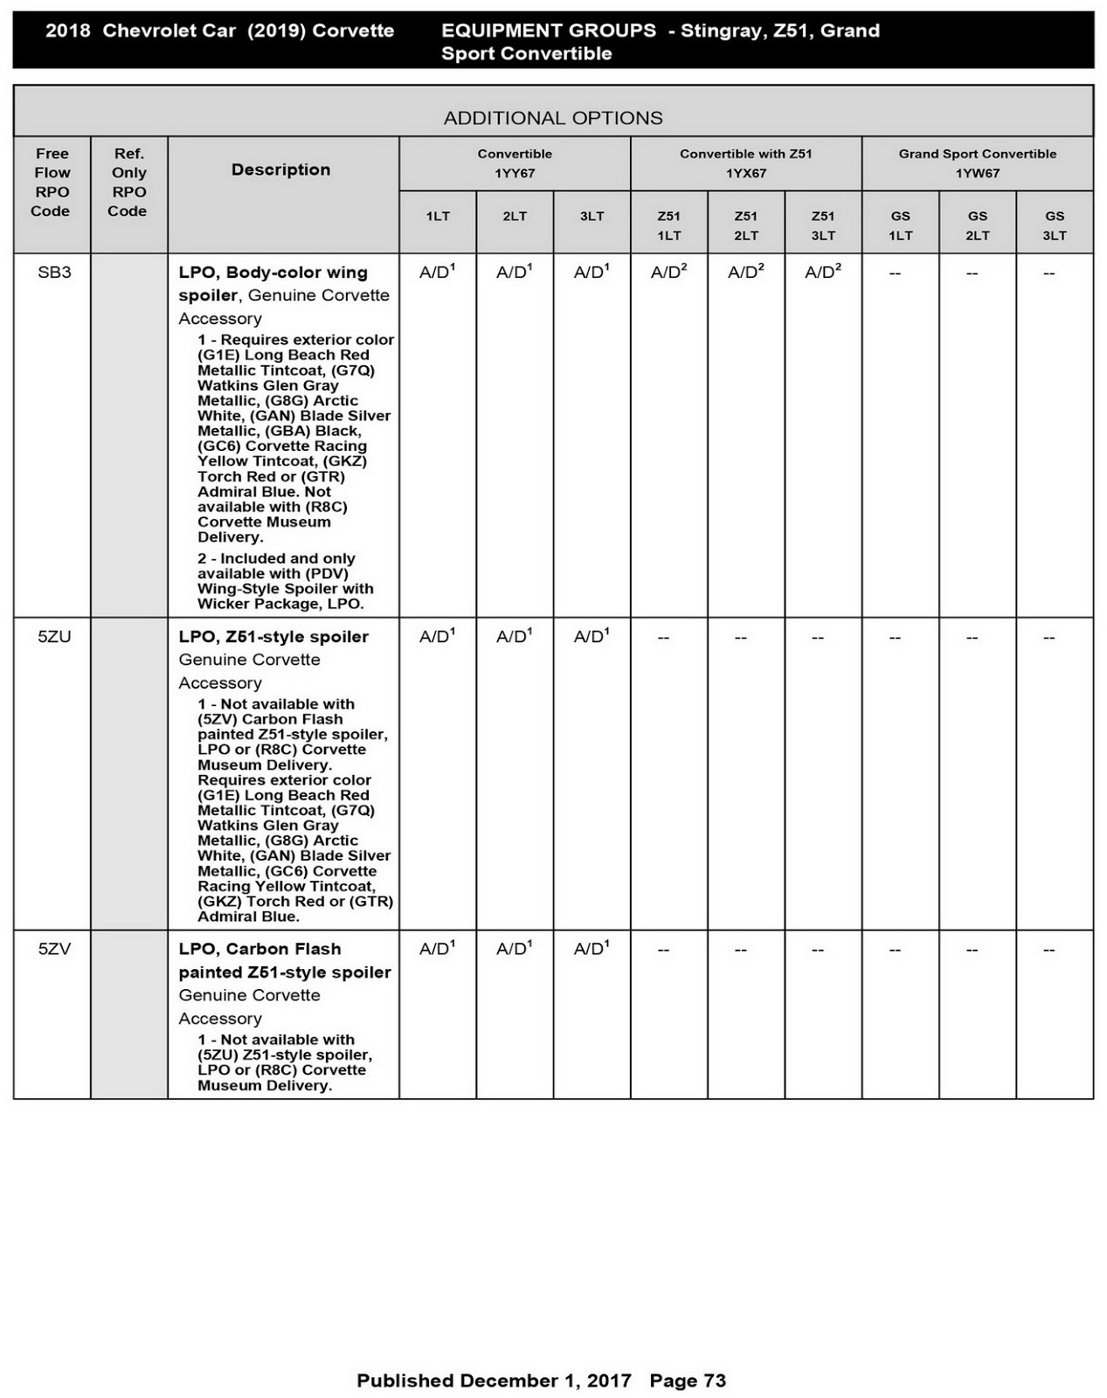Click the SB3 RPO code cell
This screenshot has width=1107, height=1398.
coord(54,273)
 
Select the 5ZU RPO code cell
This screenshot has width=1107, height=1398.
coord(54,637)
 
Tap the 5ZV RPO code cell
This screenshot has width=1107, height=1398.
coord(54,949)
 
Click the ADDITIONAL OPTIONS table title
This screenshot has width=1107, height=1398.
coord(553,118)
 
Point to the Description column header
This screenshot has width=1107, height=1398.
coord(280,170)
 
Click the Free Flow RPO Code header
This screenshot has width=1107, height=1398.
coord(52,182)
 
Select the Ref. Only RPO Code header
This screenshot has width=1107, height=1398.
coord(128,182)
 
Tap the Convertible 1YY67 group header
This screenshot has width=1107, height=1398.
coord(515,163)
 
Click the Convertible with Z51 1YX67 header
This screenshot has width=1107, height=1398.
coord(746,163)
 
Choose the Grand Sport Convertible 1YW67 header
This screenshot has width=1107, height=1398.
coord(977,163)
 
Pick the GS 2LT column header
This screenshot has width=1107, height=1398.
coord(977,225)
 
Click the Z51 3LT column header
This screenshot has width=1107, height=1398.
coord(823,225)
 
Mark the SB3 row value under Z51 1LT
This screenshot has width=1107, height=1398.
coord(668,273)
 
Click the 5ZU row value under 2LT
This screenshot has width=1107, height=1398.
coord(515,637)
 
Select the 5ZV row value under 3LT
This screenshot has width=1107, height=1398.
coord(592,949)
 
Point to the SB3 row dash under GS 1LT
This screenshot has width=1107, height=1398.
coord(895,273)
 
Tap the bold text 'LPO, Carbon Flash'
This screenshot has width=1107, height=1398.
coord(259,949)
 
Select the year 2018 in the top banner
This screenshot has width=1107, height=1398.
coord(68,31)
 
